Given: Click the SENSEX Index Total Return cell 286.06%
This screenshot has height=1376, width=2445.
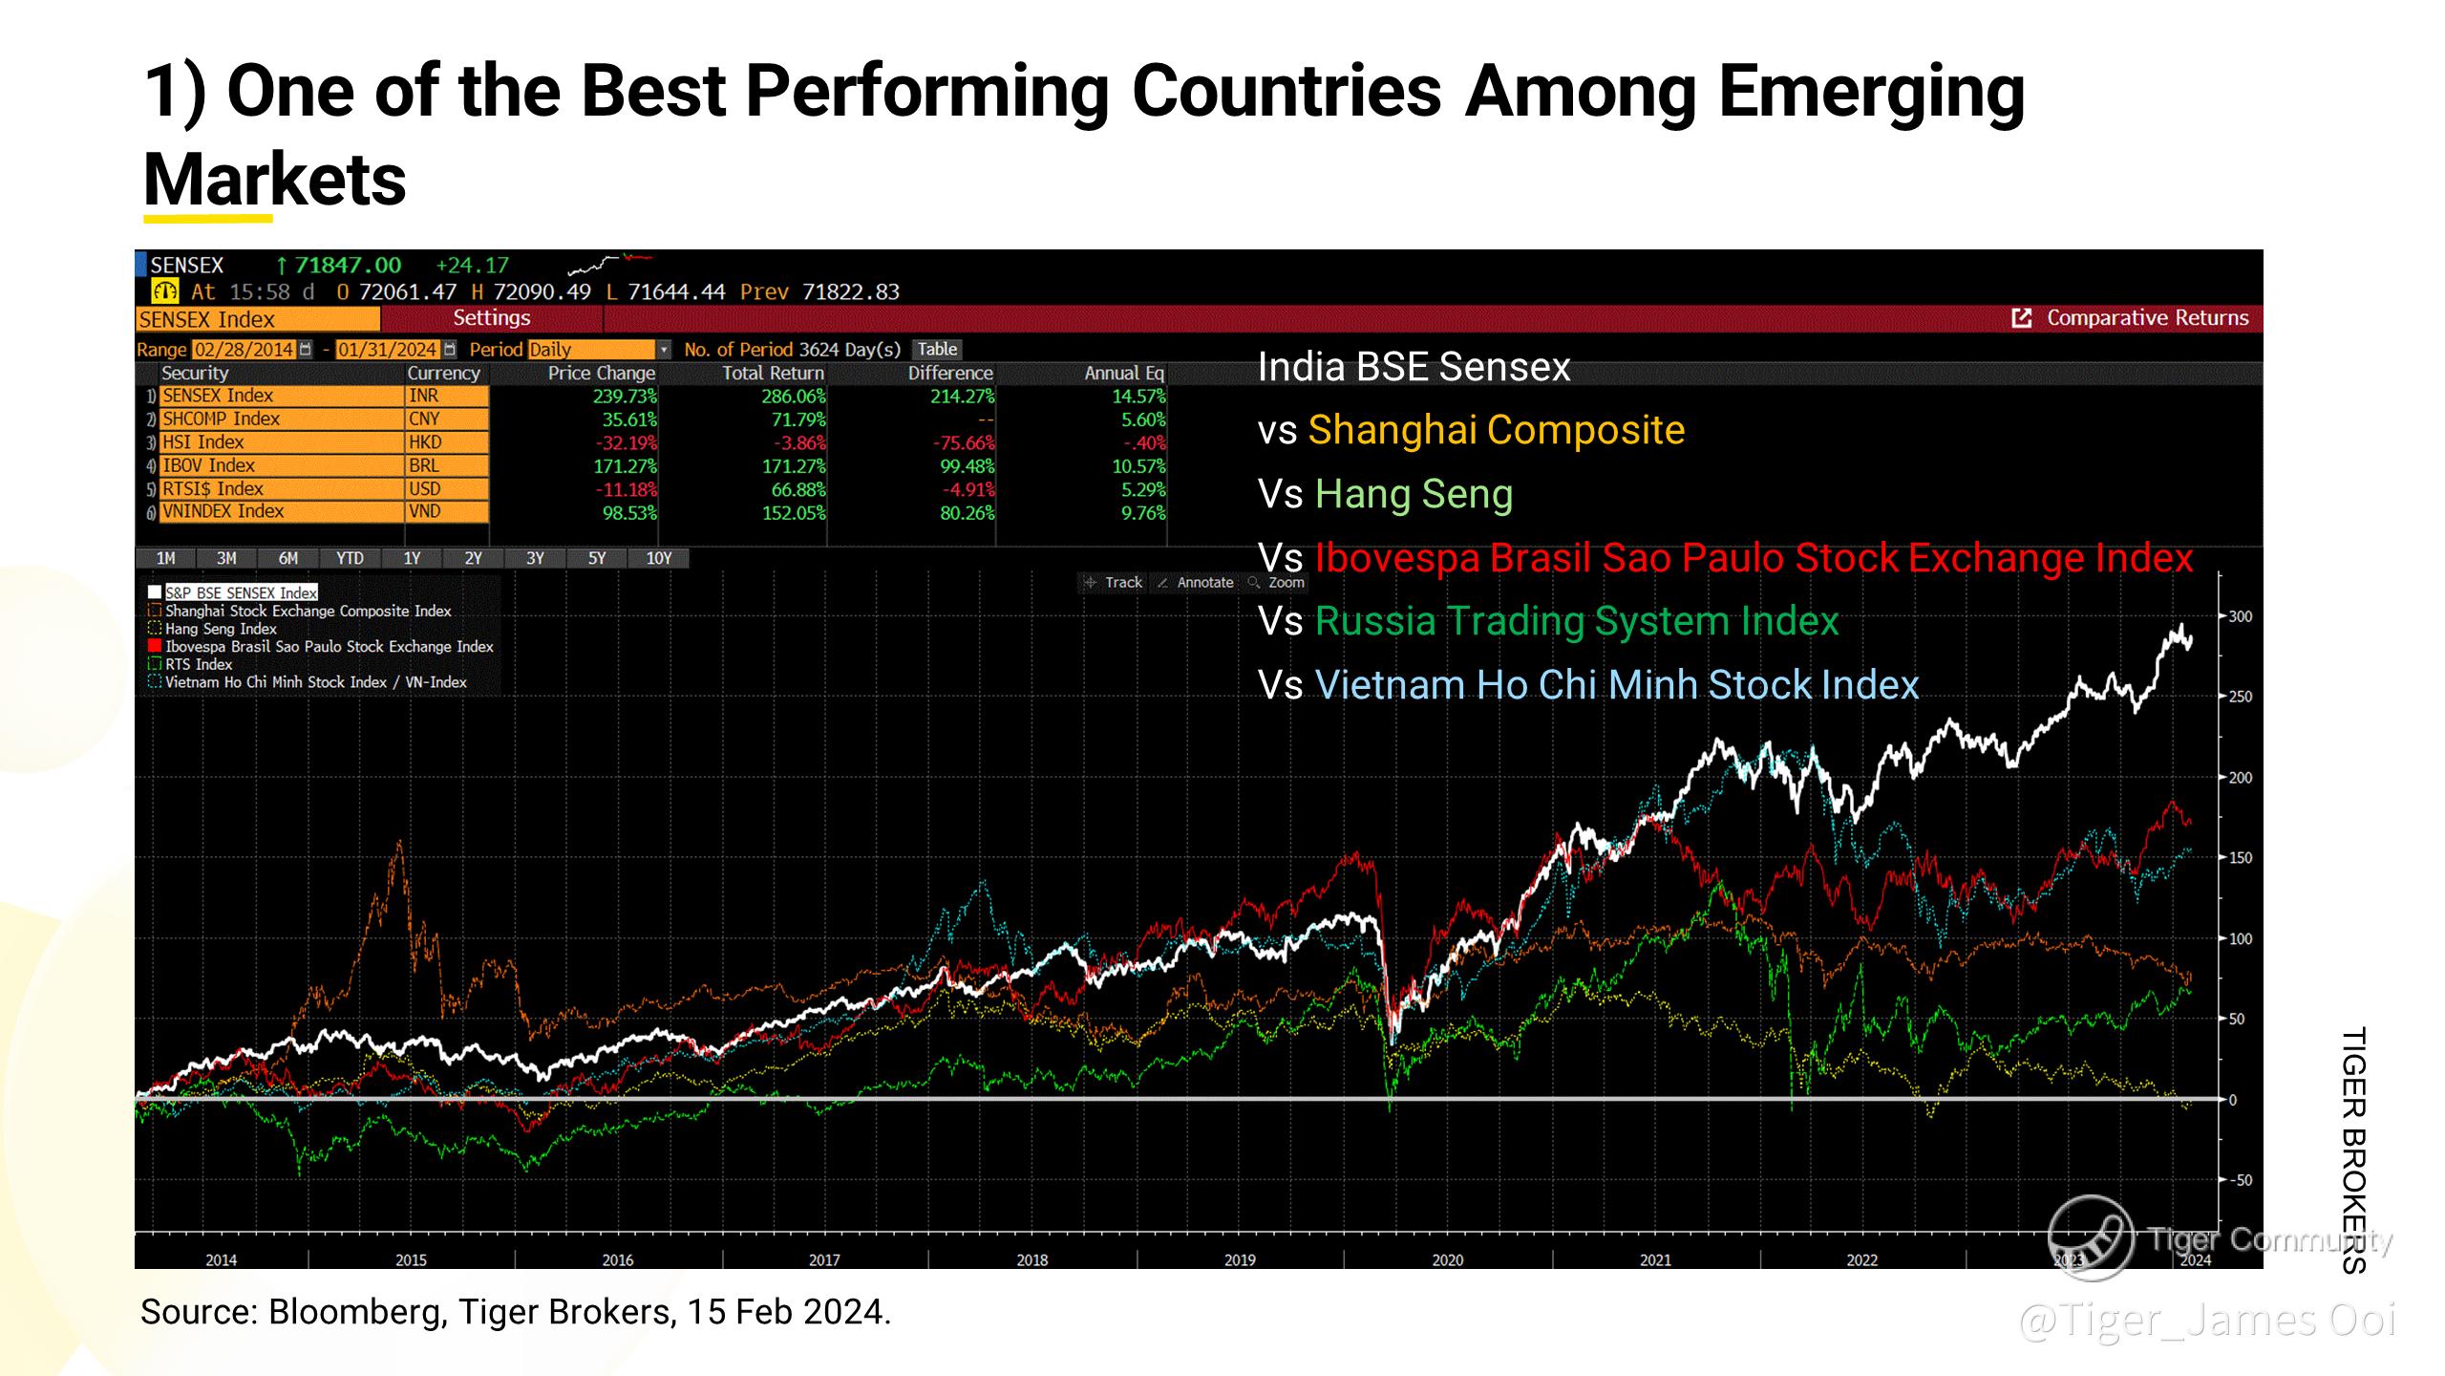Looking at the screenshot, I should tap(793, 396).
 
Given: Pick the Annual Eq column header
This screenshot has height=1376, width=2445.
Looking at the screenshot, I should tap(1123, 373).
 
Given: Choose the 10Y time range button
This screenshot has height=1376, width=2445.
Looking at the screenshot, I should tap(658, 558).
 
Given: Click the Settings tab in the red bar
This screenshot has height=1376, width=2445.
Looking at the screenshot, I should tap(491, 318).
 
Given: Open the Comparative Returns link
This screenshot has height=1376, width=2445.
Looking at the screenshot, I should tap(2146, 318).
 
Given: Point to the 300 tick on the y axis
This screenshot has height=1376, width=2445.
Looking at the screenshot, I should tap(2240, 617).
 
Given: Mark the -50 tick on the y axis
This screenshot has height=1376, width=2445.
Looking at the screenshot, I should tap(2240, 1180).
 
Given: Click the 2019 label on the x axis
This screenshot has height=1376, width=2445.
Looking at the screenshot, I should tap(1239, 1260).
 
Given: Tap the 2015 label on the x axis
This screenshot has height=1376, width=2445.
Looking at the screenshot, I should tap(411, 1260).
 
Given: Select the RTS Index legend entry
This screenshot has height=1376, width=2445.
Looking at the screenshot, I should tap(199, 664).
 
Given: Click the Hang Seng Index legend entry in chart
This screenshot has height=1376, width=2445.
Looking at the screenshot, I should tap(221, 629).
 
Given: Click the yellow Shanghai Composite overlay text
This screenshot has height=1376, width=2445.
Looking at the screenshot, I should tap(1496, 430).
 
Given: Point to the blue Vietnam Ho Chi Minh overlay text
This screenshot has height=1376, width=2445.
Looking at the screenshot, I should tap(1616, 685).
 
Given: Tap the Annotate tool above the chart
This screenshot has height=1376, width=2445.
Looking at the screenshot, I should tap(1204, 582).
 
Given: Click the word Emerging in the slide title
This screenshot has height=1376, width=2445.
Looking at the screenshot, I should tap(1871, 93).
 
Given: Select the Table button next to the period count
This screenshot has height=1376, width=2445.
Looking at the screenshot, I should tap(937, 349).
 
